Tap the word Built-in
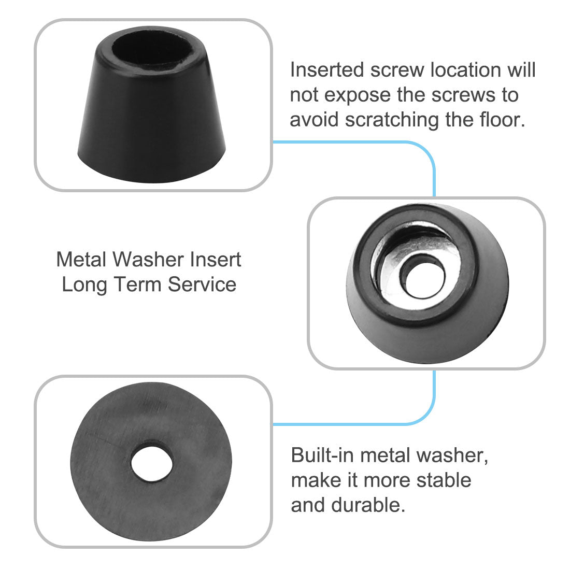coord(322,455)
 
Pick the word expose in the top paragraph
coord(361,95)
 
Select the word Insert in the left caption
coord(216,259)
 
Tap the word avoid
coord(314,120)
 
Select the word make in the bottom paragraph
coord(315,480)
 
